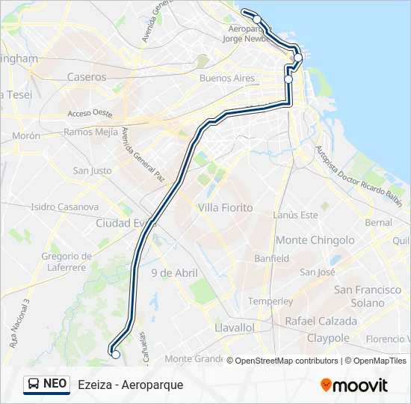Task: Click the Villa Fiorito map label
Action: [x=225, y=207]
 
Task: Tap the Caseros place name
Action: [x=87, y=76]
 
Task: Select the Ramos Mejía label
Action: [x=90, y=132]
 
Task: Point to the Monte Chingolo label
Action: [x=315, y=240]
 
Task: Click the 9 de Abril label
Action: [x=174, y=273]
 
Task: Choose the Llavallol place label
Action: [x=234, y=328]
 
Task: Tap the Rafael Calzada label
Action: [x=321, y=321]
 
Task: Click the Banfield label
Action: [x=271, y=258]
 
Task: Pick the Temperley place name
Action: [x=270, y=301]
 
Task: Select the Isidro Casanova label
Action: [x=65, y=206]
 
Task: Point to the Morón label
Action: [x=25, y=136]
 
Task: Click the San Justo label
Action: [x=92, y=171]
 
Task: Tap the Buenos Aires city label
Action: [x=227, y=78]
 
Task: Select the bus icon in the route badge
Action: [x=34, y=384]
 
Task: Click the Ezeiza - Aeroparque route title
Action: [x=130, y=385]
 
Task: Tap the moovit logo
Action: [x=354, y=385]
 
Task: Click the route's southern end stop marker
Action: [x=115, y=355]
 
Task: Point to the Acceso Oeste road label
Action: [x=89, y=114]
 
